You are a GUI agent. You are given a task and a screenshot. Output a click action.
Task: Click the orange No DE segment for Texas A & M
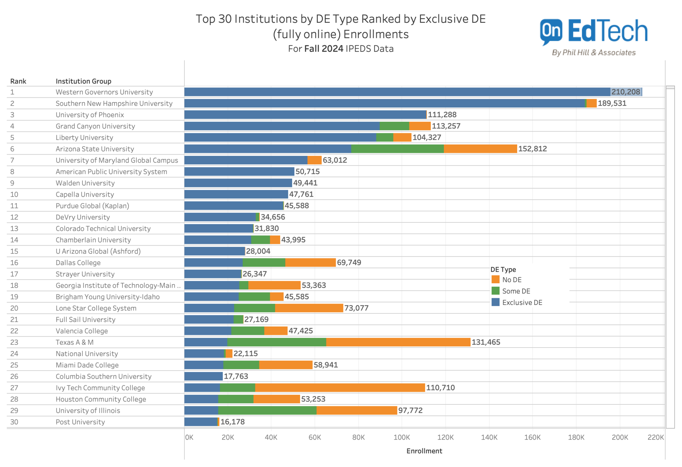tap(398, 342)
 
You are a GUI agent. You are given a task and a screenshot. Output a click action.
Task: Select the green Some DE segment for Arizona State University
tap(397, 149)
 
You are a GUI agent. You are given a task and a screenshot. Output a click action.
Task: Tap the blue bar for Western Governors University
tap(397, 92)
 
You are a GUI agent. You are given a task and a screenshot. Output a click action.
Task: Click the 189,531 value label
tap(612, 103)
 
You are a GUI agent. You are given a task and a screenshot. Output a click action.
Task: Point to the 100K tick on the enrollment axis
tap(402, 438)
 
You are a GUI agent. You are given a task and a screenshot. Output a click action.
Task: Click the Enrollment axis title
tap(424, 451)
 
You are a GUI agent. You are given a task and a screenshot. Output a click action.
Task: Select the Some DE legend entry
tap(516, 291)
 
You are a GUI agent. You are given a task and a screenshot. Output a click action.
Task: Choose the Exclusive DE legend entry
tap(522, 302)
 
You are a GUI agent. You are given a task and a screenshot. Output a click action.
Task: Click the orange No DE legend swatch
tap(495, 280)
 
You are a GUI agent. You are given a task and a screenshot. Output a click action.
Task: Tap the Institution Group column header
tap(83, 81)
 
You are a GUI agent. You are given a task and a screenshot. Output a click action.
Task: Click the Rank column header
tap(18, 81)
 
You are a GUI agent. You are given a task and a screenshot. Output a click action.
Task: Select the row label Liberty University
tap(84, 138)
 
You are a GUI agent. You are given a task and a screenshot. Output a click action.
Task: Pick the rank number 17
tap(14, 274)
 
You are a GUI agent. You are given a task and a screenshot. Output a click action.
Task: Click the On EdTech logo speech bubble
tap(551, 31)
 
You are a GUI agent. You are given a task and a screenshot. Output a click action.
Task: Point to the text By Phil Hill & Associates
tap(594, 53)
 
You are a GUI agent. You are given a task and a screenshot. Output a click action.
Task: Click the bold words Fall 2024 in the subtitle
tap(323, 49)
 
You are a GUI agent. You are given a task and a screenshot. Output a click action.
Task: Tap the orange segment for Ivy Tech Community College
tap(340, 388)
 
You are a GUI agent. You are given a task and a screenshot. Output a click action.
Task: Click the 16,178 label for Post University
tap(232, 422)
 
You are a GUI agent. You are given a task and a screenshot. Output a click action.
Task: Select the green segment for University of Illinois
tap(267, 410)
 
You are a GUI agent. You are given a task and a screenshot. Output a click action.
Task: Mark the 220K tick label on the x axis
tap(655, 438)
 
